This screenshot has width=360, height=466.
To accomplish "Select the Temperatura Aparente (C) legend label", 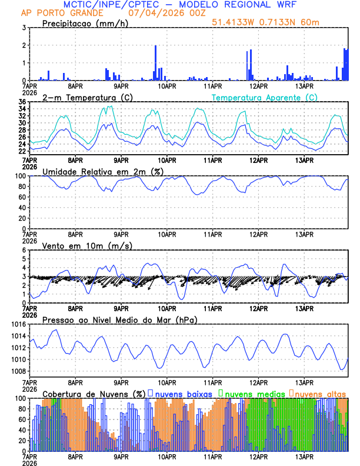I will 264,97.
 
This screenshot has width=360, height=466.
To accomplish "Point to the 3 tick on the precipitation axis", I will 24,28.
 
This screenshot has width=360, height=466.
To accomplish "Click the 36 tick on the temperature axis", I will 22,102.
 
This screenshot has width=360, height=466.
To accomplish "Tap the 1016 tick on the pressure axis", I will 18,324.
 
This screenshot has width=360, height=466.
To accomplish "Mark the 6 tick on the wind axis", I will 24,250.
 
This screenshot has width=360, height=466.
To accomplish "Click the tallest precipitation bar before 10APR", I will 155,62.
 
